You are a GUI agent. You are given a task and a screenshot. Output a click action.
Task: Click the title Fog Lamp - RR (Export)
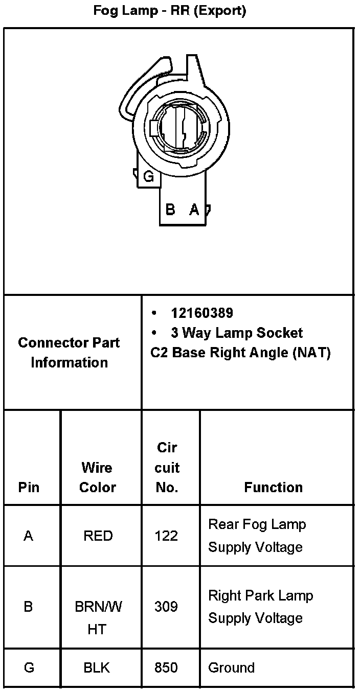click(170, 11)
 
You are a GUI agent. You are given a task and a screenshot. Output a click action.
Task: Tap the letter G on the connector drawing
click(149, 177)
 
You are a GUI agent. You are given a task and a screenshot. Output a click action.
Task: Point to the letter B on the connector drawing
click(171, 209)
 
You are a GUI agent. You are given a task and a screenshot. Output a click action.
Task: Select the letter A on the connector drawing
click(194, 209)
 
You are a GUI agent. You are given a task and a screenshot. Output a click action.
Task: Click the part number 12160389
click(202, 313)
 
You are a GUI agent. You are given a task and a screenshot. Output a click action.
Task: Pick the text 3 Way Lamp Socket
click(237, 333)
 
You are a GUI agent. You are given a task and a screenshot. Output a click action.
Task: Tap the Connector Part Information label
click(69, 352)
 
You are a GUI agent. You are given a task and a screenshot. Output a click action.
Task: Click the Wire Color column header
click(97, 477)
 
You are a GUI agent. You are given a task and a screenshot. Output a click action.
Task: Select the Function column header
click(273, 487)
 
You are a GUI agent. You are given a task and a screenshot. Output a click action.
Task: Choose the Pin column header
click(29, 487)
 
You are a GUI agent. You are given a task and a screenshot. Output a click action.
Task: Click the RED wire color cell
click(98, 536)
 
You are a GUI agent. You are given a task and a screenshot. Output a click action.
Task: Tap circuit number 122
click(166, 536)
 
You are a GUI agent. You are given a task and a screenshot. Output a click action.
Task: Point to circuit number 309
click(166, 607)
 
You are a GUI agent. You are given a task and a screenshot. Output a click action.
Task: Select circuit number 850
click(166, 667)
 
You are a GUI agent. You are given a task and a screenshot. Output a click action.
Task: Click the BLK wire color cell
click(97, 667)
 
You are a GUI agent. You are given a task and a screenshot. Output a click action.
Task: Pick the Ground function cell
click(231, 667)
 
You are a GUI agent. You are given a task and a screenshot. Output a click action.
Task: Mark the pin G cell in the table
click(29, 667)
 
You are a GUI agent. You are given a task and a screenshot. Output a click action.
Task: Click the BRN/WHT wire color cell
click(98, 618)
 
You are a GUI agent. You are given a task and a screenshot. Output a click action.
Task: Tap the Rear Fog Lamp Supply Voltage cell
click(257, 536)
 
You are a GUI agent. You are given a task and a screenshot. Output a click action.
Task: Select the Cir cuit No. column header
click(167, 467)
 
